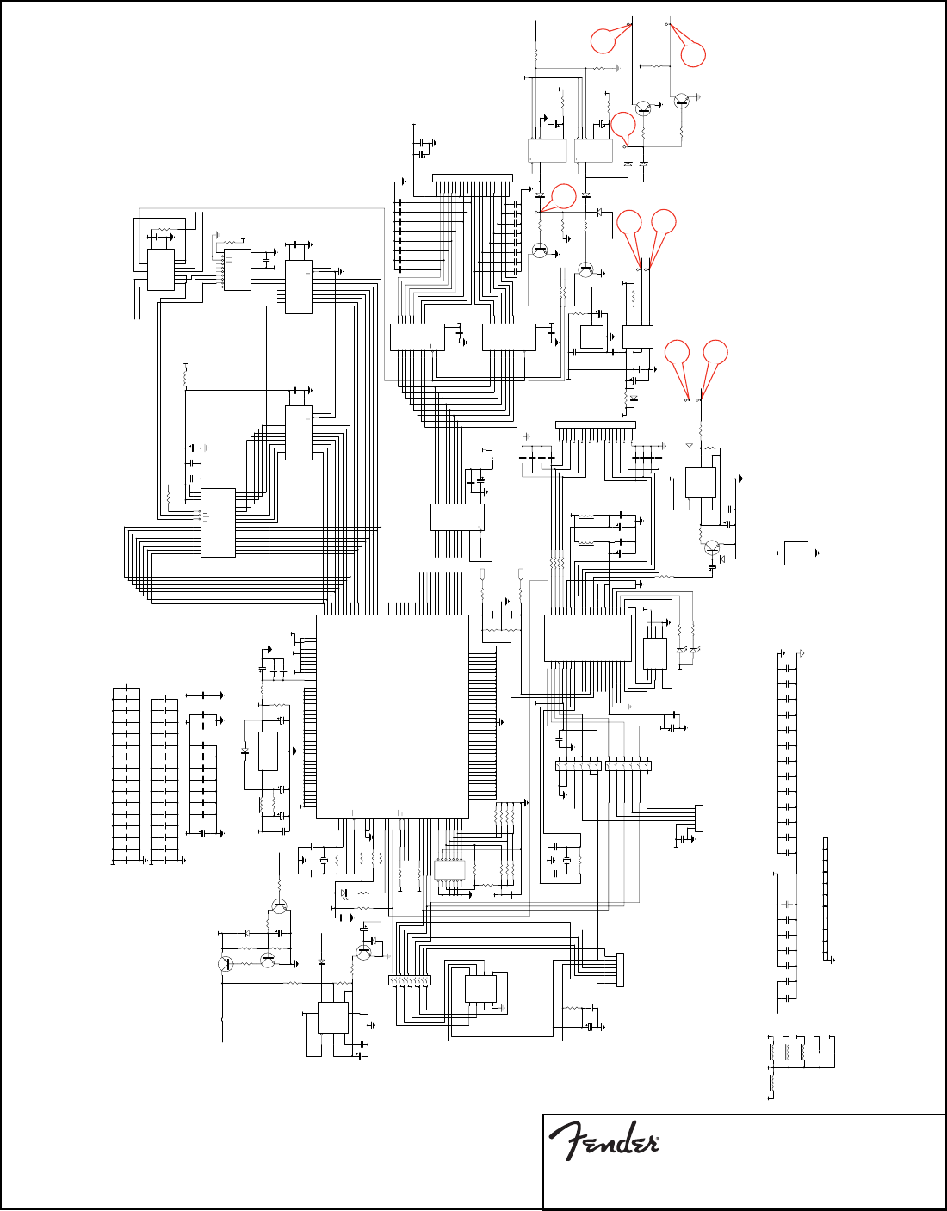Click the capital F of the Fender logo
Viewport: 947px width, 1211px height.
pos(564,1140)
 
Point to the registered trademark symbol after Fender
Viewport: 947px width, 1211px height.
pos(657,1144)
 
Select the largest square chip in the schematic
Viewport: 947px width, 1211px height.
pos(392,716)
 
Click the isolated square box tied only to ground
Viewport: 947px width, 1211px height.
pos(796,553)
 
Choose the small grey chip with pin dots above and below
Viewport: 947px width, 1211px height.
pos(450,869)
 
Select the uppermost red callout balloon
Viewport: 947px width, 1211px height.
pos(603,40)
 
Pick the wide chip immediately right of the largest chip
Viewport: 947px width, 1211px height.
pos(588,638)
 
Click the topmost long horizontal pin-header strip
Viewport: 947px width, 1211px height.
pos(472,178)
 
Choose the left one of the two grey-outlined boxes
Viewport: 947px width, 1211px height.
pos(547,150)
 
